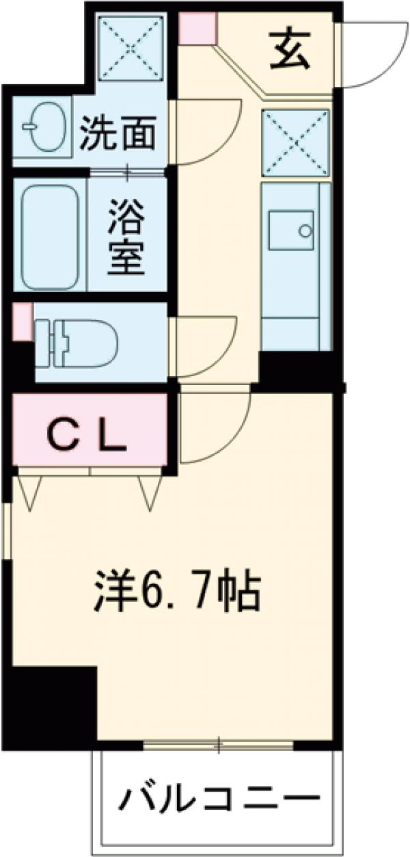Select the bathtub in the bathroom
coord(50,235)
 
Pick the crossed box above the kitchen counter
coord(295,142)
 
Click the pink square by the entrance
coord(198,28)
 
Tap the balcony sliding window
coord(219,744)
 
